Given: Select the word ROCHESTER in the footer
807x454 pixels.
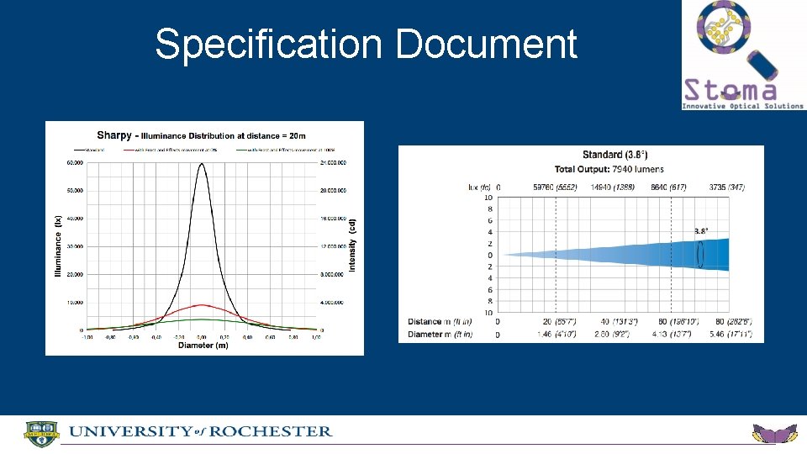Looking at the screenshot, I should click(x=270, y=431).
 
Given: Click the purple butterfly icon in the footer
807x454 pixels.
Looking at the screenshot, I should click(x=773, y=435).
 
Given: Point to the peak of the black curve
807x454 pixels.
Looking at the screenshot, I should click(x=201, y=164).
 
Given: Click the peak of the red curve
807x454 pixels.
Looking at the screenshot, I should click(x=201, y=304).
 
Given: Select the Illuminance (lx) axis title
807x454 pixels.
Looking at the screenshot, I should click(x=59, y=245).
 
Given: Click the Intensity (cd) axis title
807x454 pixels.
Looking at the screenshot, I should click(x=353, y=245).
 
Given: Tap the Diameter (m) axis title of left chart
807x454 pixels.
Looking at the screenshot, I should click(x=203, y=345).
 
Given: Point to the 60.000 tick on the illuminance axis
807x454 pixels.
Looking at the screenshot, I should click(x=74, y=163).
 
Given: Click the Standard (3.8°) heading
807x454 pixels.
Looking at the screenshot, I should click(x=614, y=155).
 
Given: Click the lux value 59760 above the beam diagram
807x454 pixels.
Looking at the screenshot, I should click(x=540, y=187).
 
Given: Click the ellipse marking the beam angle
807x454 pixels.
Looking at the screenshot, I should click(x=700, y=253).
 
